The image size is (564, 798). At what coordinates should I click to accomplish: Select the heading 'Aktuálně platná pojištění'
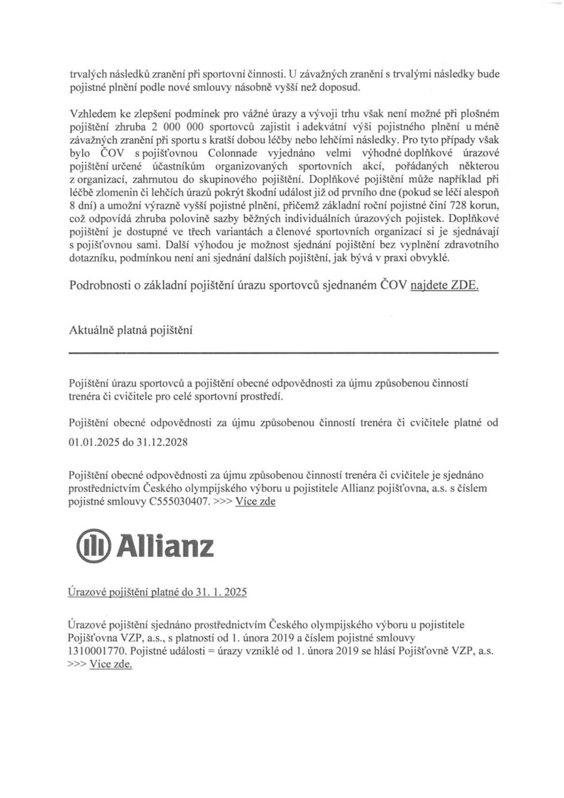click(130, 330)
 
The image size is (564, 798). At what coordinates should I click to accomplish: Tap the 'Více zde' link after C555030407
click(255, 502)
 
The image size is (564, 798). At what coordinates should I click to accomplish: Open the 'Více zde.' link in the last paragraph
click(111, 664)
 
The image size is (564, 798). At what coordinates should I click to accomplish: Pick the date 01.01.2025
click(94, 442)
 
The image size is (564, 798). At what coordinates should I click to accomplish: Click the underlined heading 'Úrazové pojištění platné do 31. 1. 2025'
click(157, 592)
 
